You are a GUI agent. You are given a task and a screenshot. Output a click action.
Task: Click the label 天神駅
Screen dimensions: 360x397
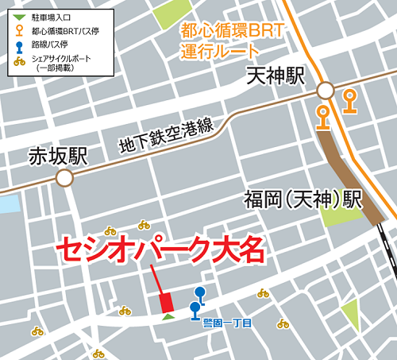[276, 76]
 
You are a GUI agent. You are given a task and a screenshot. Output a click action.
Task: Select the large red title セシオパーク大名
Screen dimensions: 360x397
[159, 250]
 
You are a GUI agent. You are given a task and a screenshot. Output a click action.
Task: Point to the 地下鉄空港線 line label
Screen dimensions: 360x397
[166, 135]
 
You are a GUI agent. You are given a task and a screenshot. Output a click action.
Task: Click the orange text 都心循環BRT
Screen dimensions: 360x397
[220, 33]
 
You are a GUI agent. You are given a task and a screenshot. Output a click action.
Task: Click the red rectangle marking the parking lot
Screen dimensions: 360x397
[166, 302]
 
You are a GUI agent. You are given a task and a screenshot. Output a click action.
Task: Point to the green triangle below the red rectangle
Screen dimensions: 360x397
[167, 317]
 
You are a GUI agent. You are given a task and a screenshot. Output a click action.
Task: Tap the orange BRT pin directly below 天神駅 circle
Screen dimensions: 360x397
[322, 115]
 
